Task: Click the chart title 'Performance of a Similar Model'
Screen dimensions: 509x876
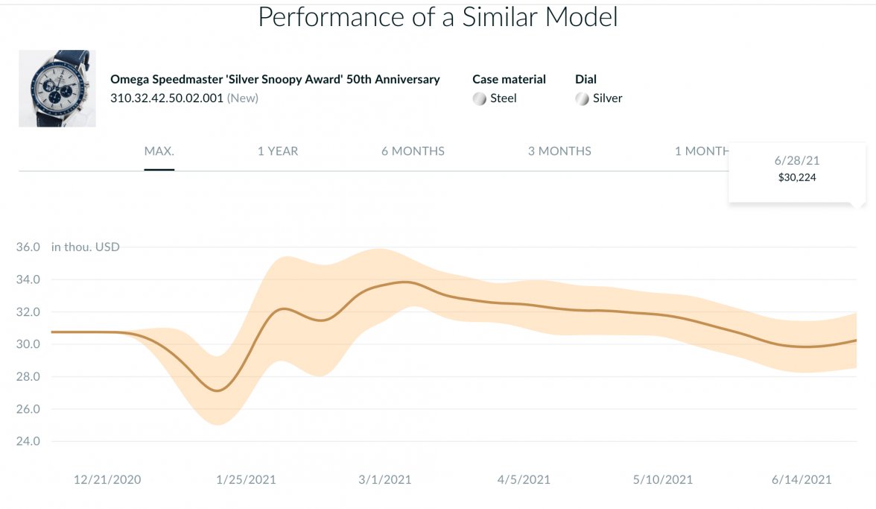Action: tap(437, 16)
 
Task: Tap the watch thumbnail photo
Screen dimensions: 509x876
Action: tap(57, 89)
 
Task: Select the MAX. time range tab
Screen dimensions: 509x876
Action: tap(159, 151)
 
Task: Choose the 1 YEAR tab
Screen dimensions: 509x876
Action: tap(278, 151)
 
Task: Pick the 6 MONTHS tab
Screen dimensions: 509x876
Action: tap(413, 151)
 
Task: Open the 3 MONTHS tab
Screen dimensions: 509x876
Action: tap(559, 151)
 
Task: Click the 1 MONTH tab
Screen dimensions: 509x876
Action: tap(701, 151)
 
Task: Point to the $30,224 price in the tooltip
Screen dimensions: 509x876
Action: tap(796, 177)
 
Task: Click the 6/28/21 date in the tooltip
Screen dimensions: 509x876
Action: tap(796, 161)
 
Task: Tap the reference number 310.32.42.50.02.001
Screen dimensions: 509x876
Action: tap(167, 98)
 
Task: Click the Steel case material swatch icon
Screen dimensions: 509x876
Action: tap(480, 98)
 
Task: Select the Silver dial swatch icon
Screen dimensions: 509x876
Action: tap(583, 98)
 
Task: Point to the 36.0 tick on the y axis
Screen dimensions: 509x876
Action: tap(28, 247)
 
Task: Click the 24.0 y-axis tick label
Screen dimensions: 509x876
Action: tap(28, 441)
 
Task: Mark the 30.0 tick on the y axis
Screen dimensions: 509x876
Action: tap(28, 344)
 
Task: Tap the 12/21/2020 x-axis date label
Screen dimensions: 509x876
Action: tap(107, 479)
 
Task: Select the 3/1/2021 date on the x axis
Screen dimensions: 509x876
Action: tap(385, 479)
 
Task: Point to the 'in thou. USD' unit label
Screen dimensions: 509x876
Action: tap(86, 247)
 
